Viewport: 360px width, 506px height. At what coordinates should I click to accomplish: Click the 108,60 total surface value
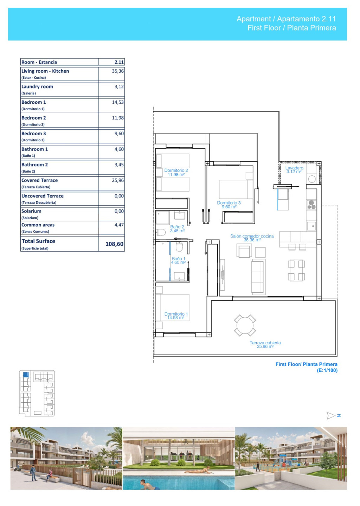point(114,244)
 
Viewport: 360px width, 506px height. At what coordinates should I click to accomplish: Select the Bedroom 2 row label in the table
point(34,118)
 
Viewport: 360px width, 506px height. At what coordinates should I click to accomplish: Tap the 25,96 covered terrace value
point(118,180)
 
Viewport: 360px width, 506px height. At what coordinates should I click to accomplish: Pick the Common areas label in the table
point(38,225)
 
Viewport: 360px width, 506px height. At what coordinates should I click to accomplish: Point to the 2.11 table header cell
point(119,62)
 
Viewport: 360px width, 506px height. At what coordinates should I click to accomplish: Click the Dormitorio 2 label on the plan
point(176,170)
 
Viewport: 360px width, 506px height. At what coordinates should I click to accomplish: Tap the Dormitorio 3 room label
point(229,203)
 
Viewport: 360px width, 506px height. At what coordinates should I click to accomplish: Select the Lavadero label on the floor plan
point(294,168)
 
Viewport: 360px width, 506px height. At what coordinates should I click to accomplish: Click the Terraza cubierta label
point(265,343)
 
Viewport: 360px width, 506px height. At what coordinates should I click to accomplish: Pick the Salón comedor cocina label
point(252,236)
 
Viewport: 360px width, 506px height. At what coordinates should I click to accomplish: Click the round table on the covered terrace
point(245,325)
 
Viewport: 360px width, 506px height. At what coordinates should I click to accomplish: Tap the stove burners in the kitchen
point(311,205)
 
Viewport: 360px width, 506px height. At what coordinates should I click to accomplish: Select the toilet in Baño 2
point(161,232)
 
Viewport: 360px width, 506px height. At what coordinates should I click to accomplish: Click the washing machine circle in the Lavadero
point(312,179)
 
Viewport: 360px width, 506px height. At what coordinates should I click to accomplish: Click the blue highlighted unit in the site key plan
point(26,374)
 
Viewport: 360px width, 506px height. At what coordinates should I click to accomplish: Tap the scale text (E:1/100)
point(327,370)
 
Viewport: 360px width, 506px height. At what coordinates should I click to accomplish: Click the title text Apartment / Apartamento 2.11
point(286,19)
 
